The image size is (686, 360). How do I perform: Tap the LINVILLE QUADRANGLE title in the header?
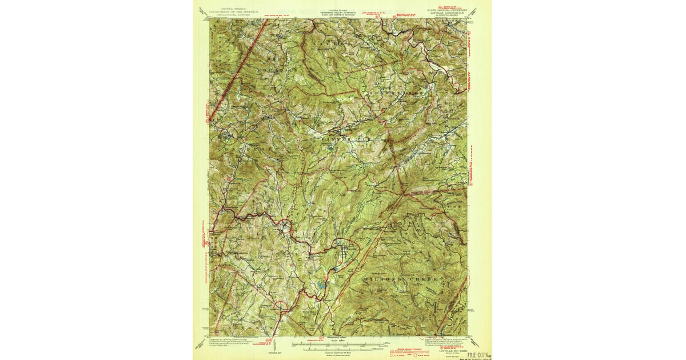[x=448, y=13]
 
